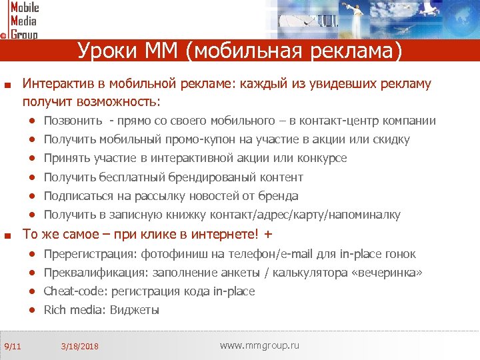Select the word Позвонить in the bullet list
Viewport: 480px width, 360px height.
pyautogui.click(x=73, y=121)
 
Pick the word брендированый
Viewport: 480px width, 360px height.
pyautogui.click(x=217, y=177)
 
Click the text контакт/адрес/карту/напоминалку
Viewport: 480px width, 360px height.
pyautogui.click(x=305, y=215)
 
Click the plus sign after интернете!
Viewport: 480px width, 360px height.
pyautogui.click(x=268, y=235)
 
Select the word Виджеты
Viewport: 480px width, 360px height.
pyautogui.click(x=135, y=310)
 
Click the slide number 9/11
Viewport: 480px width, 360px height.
pyautogui.click(x=13, y=345)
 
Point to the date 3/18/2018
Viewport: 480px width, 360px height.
pyautogui.click(x=79, y=346)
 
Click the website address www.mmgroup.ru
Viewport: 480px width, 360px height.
pyautogui.click(x=259, y=345)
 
